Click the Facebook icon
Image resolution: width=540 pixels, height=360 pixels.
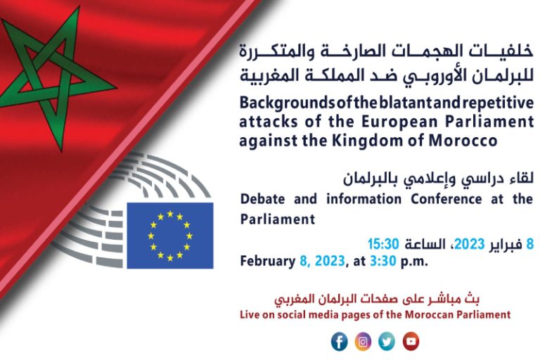[339, 342]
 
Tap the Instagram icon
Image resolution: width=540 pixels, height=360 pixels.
[363, 342]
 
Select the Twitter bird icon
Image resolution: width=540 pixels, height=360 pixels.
[387, 342]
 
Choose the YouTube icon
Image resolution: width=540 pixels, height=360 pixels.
[411, 342]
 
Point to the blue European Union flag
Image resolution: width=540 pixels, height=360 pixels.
[170, 236]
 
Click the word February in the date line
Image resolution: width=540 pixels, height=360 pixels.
[268, 261]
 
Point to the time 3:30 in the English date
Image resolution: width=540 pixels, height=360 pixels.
[383, 261]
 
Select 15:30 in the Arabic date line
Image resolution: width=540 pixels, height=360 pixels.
[383, 244]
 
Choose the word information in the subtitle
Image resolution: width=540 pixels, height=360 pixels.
[364, 199]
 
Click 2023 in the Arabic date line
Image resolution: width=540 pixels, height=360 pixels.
[470, 244]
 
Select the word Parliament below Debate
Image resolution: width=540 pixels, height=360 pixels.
[278, 219]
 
